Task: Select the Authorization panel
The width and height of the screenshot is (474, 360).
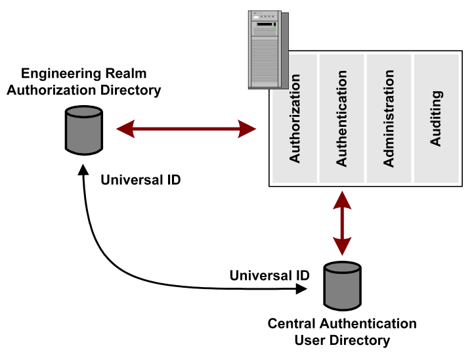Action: click(x=295, y=118)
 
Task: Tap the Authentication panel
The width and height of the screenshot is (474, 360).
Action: click(x=341, y=118)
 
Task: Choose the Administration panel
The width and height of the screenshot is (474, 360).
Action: click(x=389, y=118)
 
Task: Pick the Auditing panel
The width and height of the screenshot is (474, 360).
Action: click(x=436, y=118)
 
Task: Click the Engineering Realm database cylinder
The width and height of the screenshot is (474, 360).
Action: click(x=84, y=129)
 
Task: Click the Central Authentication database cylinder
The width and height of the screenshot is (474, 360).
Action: click(x=343, y=286)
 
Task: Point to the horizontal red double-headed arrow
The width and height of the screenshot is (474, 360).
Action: click(x=186, y=129)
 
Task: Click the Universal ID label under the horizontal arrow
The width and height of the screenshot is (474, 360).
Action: click(x=140, y=178)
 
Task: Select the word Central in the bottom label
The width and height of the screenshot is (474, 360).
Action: click(x=291, y=324)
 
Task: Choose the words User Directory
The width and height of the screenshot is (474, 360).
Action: click(x=342, y=340)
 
